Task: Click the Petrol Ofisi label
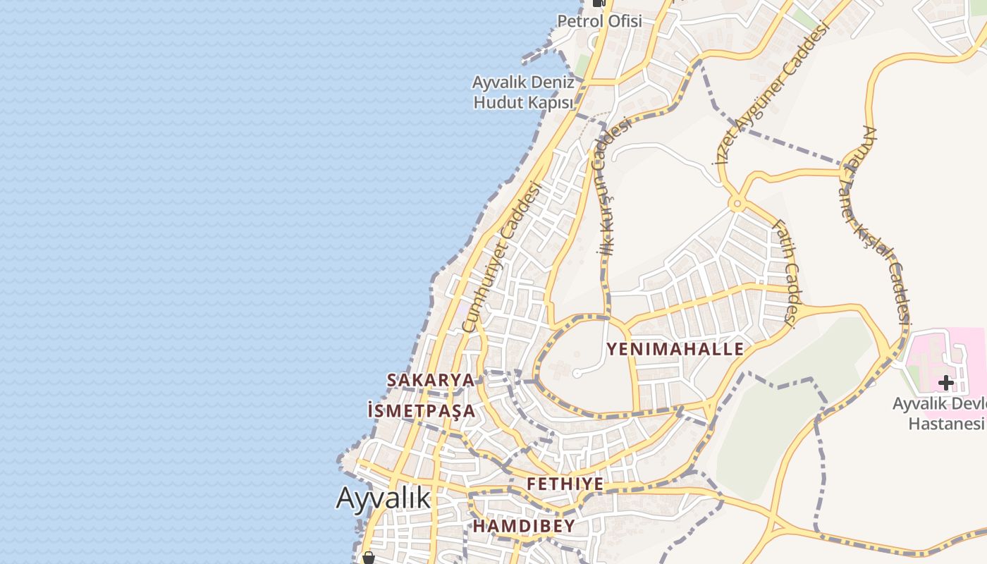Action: point(599,21)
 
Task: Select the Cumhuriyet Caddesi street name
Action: point(501,257)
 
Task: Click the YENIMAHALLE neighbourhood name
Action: point(675,349)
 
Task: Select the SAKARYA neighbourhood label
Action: point(430,380)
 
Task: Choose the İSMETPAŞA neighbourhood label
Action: point(422,410)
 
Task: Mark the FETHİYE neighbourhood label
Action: point(565,484)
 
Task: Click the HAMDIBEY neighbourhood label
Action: point(523,526)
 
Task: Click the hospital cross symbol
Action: point(945,383)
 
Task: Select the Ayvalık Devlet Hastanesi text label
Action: point(939,414)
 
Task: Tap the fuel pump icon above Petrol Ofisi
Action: point(599,3)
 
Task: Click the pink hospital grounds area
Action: point(931,352)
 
